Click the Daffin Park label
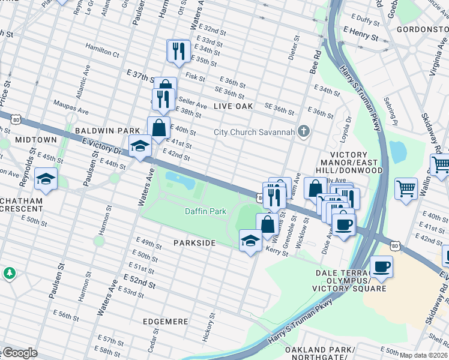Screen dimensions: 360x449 (x=205, y=211)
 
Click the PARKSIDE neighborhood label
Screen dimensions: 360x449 (x=194, y=243)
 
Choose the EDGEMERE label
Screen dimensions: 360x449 (x=165, y=322)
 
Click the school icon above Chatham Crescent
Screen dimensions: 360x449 (x=46, y=179)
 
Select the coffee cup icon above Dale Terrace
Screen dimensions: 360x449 (x=381, y=266)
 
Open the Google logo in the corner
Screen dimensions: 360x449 (x=19, y=353)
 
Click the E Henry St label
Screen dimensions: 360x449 (x=361, y=37)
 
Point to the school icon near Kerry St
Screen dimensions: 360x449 (x=250, y=241)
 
